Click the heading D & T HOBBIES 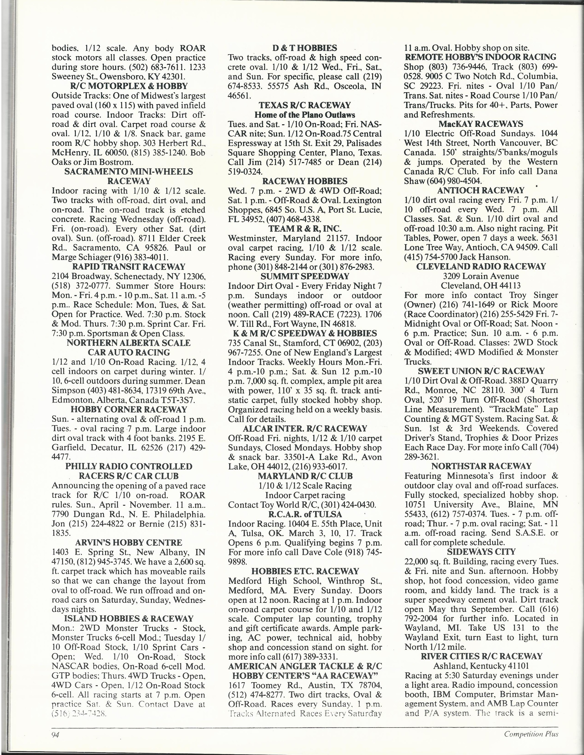pos(304,48)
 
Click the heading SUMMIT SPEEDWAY pos(305,276)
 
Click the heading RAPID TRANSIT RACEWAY pos(129,267)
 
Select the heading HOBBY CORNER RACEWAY pos(129,410)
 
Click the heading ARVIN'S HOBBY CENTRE pos(129,543)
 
